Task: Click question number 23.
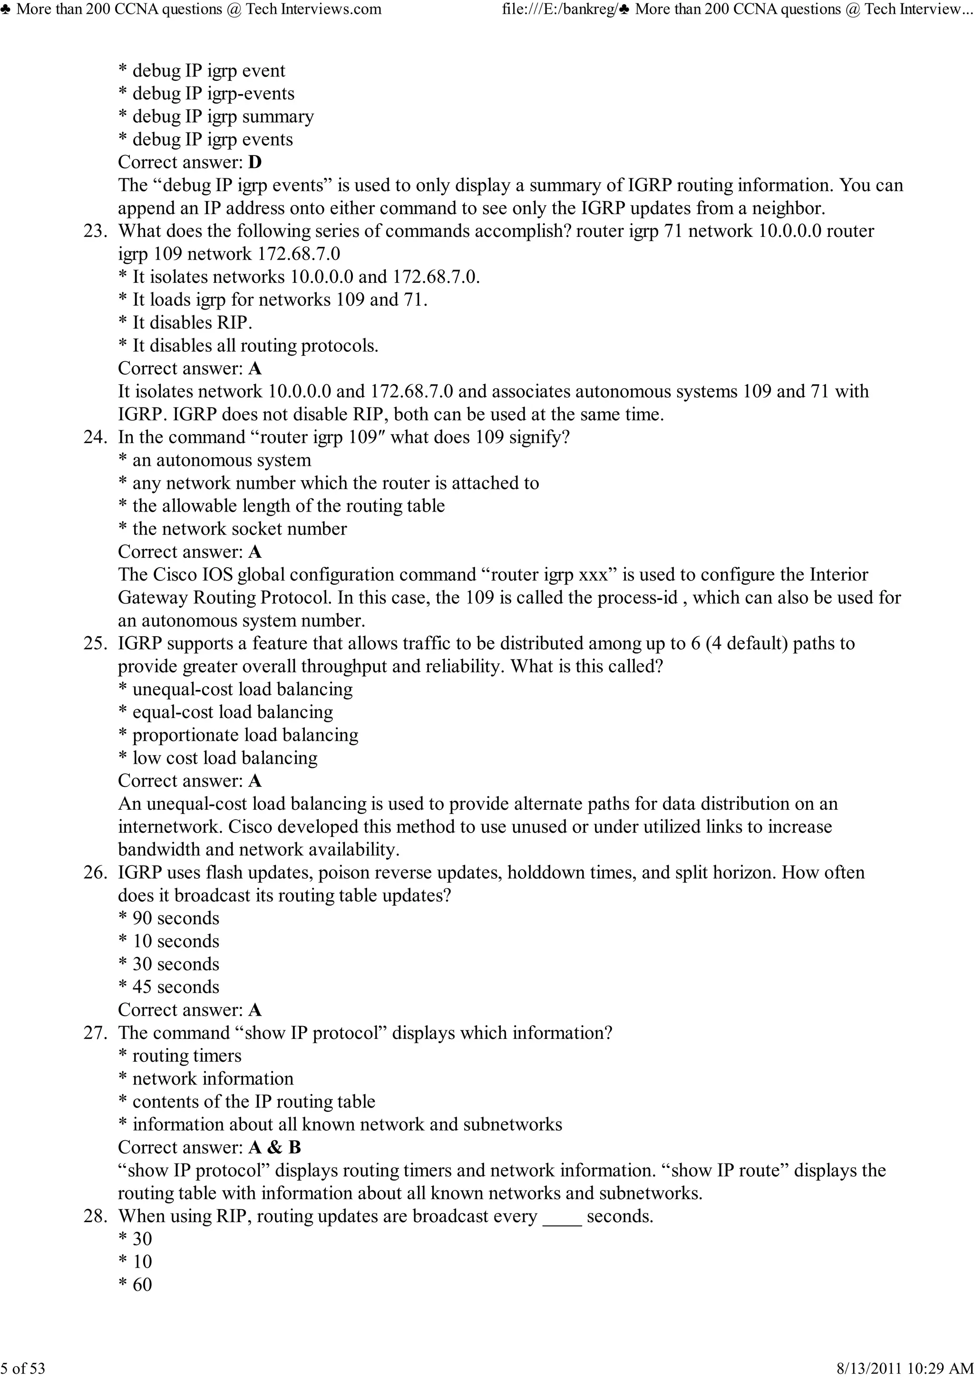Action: click(95, 231)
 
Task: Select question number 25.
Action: click(95, 643)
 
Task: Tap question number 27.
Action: click(95, 1033)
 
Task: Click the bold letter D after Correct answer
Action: click(254, 163)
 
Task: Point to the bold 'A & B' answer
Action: click(274, 1147)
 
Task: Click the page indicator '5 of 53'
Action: click(23, 1368)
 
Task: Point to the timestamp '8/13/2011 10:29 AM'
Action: click(905, 1368)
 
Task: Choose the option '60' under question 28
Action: click(142, 1285)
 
